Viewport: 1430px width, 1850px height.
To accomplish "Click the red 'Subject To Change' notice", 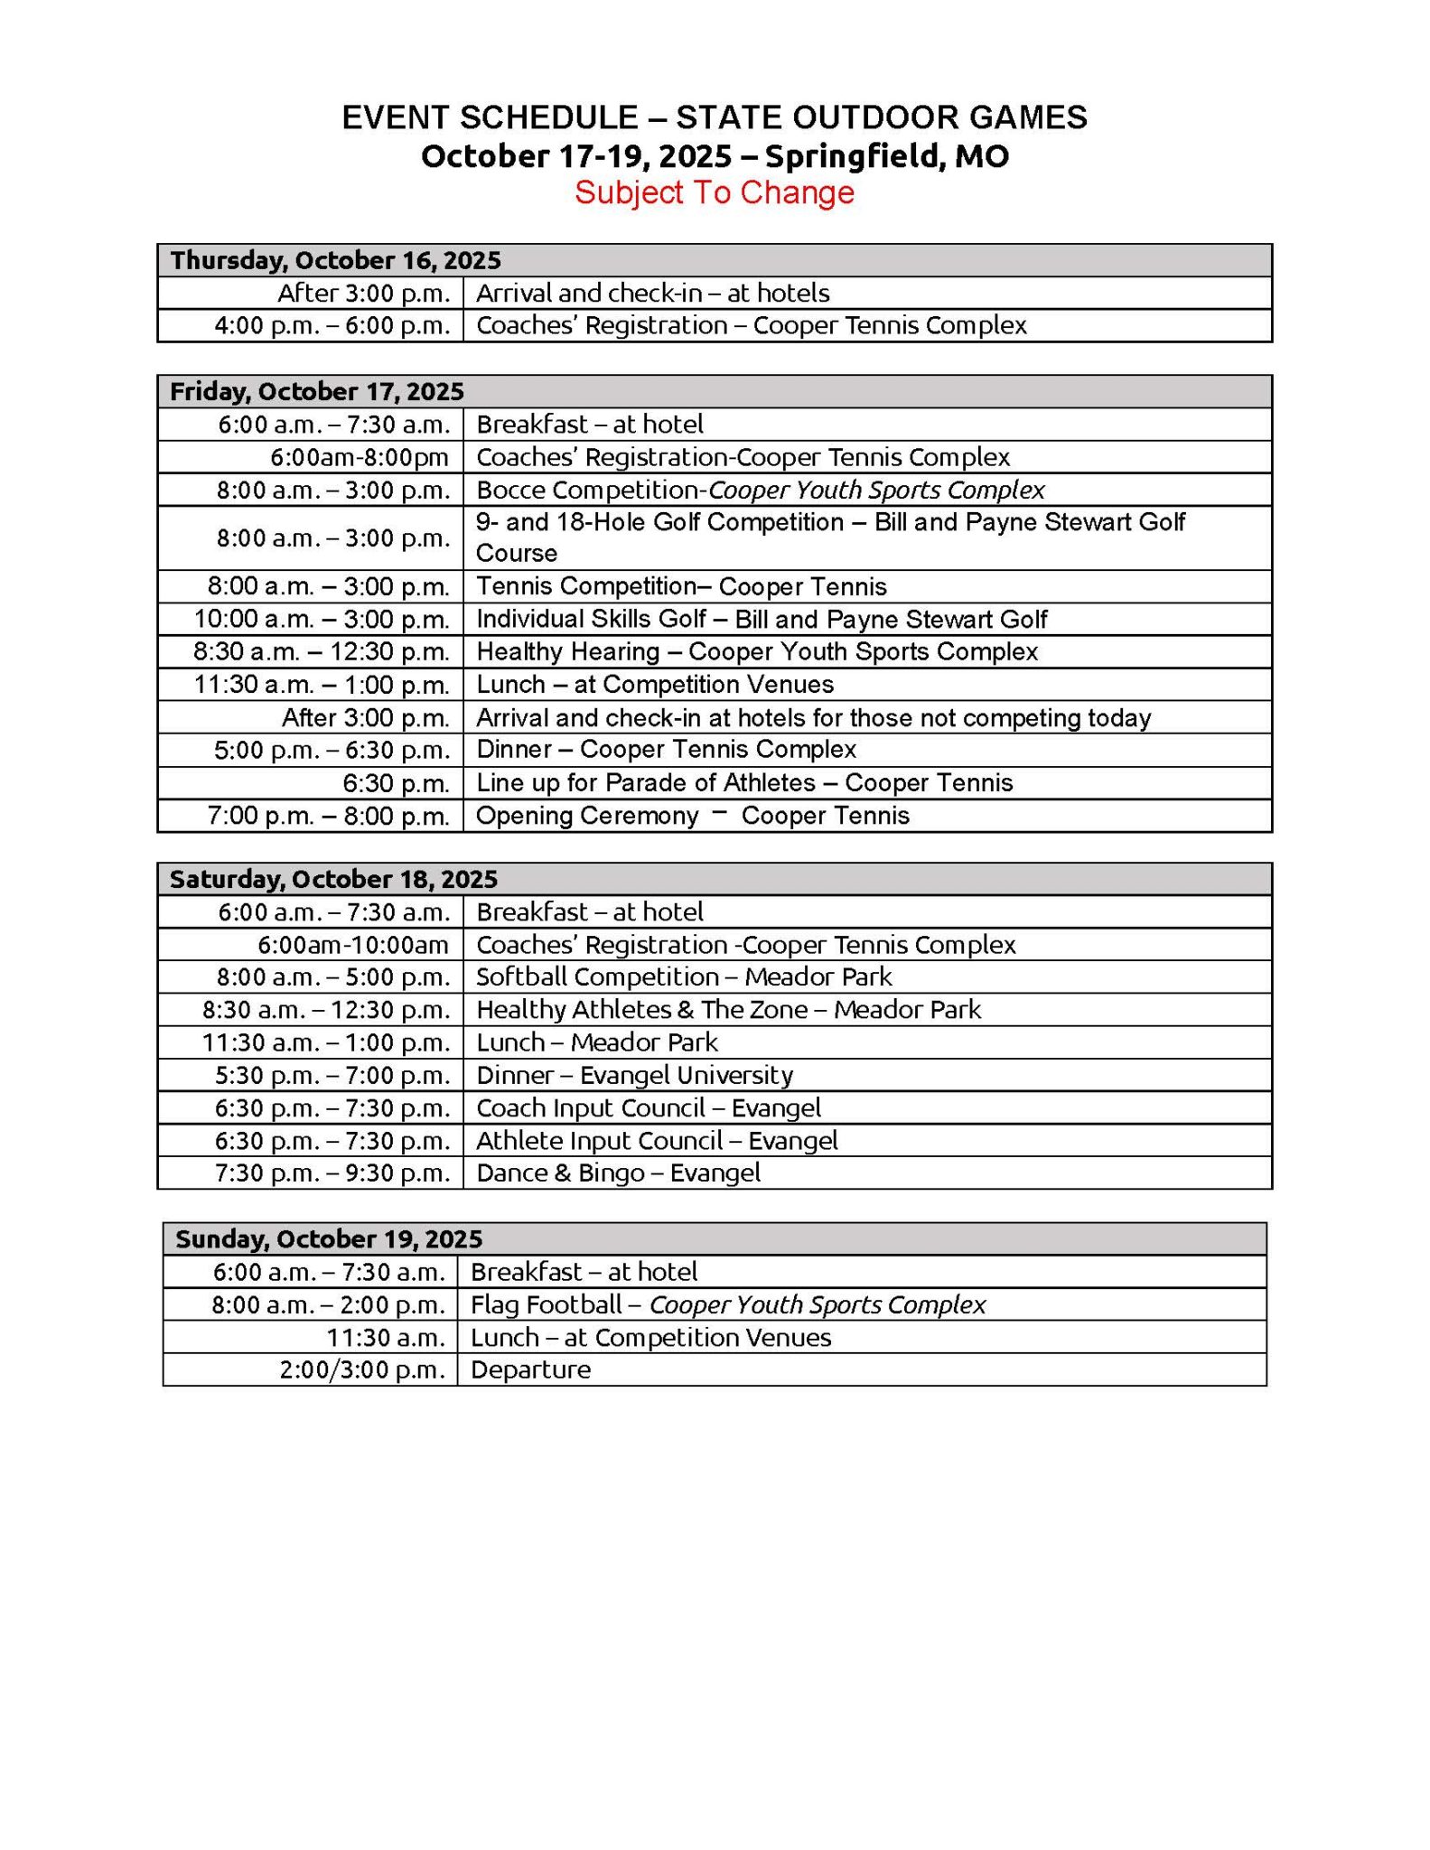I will (714, 192).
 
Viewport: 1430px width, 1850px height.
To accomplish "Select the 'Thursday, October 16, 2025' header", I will (335, 260).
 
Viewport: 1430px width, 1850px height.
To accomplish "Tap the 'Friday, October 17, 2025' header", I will (317, 391).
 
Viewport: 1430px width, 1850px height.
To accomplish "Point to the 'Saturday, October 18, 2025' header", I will (333, 879).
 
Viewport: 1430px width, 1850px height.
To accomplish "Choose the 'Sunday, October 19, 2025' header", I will (329, 1238).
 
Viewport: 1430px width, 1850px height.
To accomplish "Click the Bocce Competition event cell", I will (760, 490).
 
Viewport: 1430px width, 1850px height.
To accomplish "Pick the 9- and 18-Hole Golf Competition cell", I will (829, 537).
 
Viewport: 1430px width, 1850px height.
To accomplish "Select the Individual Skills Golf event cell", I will (762, 619).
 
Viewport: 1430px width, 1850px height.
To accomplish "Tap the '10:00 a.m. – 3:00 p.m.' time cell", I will (322, 619).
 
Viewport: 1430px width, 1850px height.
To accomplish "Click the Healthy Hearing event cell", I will (757, 651).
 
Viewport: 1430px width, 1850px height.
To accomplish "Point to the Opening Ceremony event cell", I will (692, 816).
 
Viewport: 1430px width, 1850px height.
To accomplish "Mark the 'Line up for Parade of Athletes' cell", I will (744, 782).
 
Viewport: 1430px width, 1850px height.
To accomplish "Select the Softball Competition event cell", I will (684, 976).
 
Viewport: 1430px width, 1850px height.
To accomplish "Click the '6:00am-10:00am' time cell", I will (353, 945).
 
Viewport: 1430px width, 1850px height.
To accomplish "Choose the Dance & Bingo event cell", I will (618, 1173).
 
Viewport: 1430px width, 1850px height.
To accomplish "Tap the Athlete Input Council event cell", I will (657, 1140).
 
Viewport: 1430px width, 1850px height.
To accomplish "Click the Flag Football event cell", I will (728, 1304).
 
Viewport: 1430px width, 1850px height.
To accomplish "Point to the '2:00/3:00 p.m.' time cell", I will (362, 1369).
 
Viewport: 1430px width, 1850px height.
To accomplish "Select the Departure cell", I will (531, 1369).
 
